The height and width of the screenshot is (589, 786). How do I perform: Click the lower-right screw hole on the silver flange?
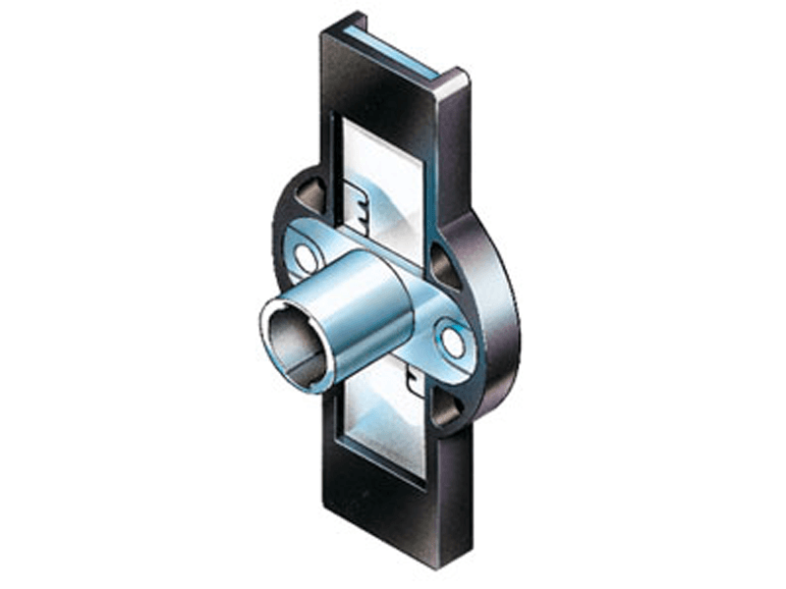(x=453, y=342)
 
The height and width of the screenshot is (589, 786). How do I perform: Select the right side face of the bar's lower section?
(x=452, y=491)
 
